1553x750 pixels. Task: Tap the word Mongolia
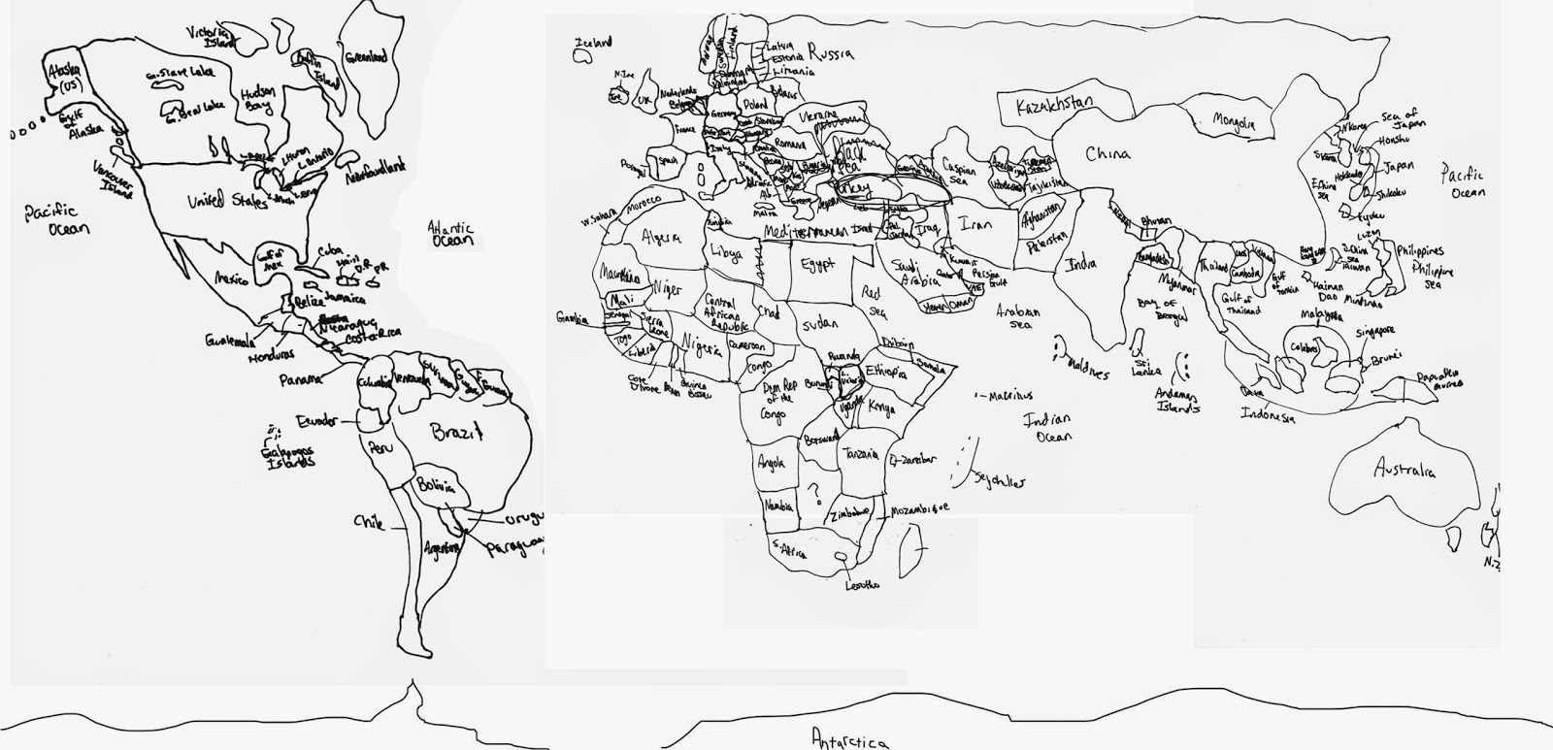1234,122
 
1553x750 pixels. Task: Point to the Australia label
1404,471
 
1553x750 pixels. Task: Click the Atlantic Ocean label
451,234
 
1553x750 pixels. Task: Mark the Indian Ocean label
1047,428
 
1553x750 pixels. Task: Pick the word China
1107,153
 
